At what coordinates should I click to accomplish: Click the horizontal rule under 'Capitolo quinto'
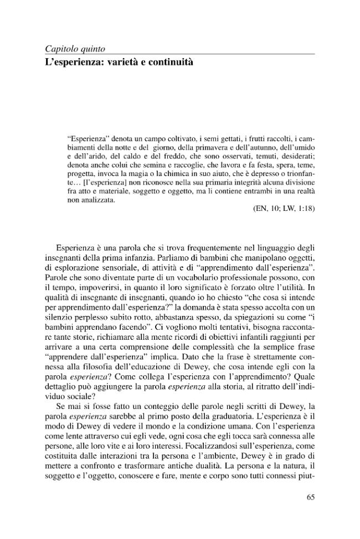(x=180, y=54)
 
